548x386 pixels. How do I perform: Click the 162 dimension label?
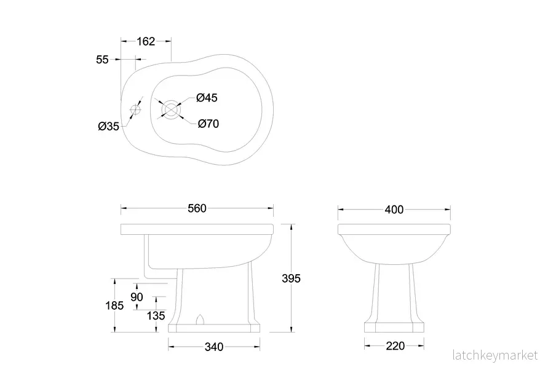(x=146, y=42)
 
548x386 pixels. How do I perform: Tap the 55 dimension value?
(x=102, y=60)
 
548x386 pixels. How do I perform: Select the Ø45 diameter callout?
(x=207, y=98)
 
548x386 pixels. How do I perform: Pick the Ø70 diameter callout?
(x=208, y=124)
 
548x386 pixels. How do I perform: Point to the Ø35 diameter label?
(x=109, y=126)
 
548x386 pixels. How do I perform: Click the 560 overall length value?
(x=197, y=208)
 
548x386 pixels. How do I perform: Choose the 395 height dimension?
(x=291, y=278)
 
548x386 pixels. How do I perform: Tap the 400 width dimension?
(x=394, y=210)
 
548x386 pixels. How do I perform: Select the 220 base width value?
(x=395, y=346)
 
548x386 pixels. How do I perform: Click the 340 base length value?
(x=214, y=347)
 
